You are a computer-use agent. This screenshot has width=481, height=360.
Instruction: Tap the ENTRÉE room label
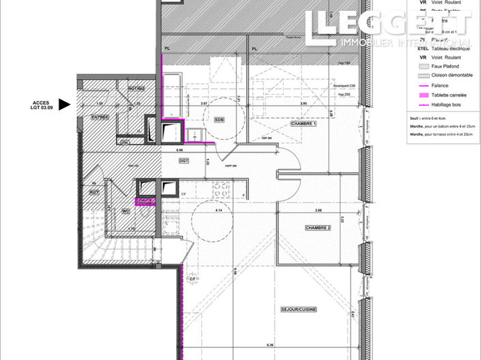tap(101, 117)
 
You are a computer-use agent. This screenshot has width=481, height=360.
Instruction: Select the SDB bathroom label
tap(219, 119)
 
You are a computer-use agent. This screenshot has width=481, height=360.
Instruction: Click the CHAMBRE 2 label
tap(317, 228)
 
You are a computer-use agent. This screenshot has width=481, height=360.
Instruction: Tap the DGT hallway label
tap(184, 161)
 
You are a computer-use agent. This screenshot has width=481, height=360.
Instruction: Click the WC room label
tap(126, 211)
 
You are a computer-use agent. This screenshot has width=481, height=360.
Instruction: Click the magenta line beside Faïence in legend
tap(426, 85)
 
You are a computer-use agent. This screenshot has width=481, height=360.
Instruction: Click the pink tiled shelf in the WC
tap(145, 201)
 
